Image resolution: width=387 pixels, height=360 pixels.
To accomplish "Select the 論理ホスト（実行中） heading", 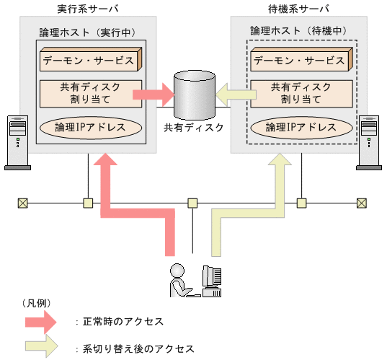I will [87, 32].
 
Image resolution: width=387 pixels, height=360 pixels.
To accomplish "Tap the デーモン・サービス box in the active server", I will [88, 59].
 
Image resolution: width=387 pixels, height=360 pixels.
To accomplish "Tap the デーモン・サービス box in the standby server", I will [301, 59].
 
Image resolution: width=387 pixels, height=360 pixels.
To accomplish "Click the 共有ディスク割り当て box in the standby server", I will [301, 93].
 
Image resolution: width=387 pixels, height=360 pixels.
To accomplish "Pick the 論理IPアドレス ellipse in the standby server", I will [301, 128].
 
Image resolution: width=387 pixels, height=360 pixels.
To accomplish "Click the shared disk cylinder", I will [194, 93].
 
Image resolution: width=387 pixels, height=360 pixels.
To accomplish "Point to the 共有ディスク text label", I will [194, 128].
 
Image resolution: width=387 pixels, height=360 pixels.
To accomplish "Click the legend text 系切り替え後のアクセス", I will [138, 348].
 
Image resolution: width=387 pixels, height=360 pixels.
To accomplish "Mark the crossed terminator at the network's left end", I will [22, 203].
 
